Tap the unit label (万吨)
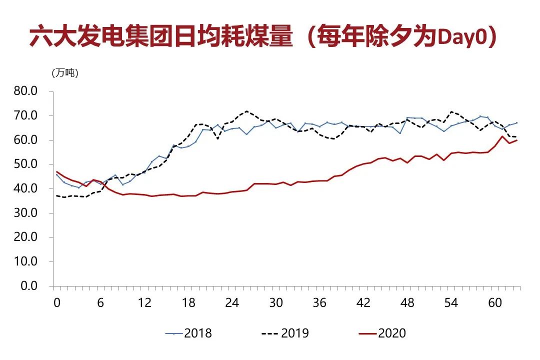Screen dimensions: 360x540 (65, 73)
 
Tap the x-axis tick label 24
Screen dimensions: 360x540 (232, 303)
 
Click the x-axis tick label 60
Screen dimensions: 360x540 (494, 303)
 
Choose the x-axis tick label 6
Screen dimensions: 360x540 (101, 303)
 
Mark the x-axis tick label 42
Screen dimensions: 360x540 (363, 303)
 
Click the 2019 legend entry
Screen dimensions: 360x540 (285, 333)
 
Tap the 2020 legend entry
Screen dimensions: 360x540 (382, 333)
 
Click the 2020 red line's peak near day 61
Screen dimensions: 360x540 (502, 136)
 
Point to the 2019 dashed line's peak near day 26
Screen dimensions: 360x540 (247, 111)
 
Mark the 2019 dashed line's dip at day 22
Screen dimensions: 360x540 (217, 138)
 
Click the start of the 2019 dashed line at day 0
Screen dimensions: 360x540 (57, 195)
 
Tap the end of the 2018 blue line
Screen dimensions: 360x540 (517, 122)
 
